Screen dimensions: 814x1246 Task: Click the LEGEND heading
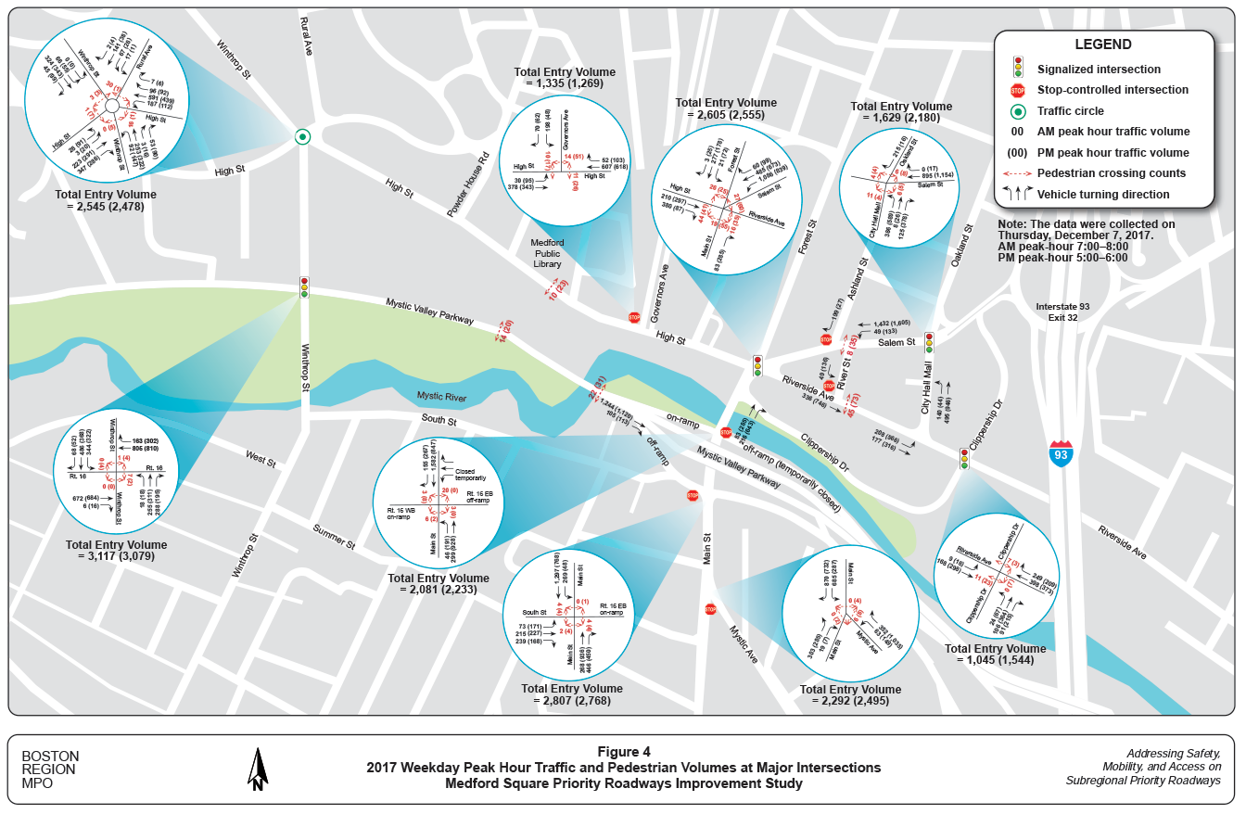pyautogui.click(x=1102, y=45)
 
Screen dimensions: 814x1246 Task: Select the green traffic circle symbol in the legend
pyautogui.click(x=1017, y=110)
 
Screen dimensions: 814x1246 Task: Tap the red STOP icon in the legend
pyautogui.click(x=1017, y=90)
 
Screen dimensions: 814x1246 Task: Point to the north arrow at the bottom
pyautogui.click(x=257, y=769)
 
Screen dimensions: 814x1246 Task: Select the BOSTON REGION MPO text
pyautogui.click(x=50, y=769)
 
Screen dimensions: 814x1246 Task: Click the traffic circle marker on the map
pyautogui.click(x=302, y=137)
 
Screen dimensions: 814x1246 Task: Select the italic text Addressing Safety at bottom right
pyautogui.click(x=1174, y=753)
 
